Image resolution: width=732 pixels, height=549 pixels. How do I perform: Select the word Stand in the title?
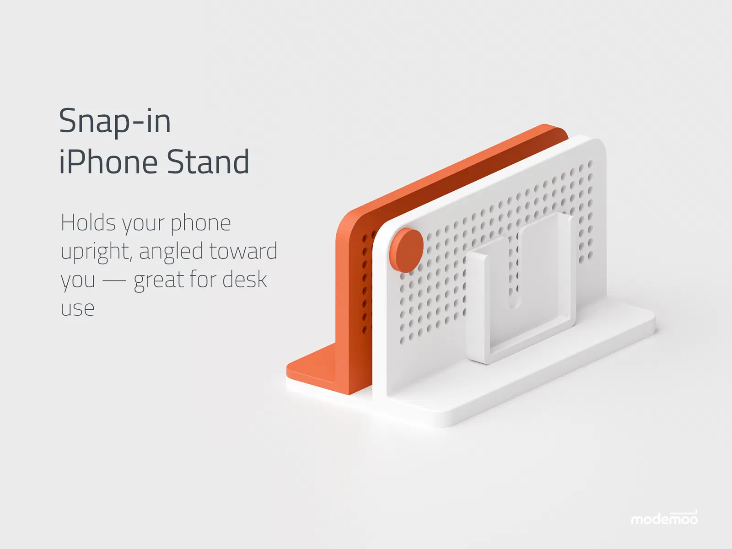pyautogui.click(x=208, y=161)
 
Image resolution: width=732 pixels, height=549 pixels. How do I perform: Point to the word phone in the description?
pyautogui.click(x=201, y=223)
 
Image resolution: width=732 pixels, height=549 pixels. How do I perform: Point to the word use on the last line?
pyautogui.click(x=77, y=309)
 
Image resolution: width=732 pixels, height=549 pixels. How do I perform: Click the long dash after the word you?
pyautogui.click(x=114, y=280)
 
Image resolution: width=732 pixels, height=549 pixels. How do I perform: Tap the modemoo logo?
pyautogui.click(x=664, y=517)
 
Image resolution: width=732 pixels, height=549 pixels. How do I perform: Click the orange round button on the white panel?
pyautogui.click(x=406, y=250)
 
